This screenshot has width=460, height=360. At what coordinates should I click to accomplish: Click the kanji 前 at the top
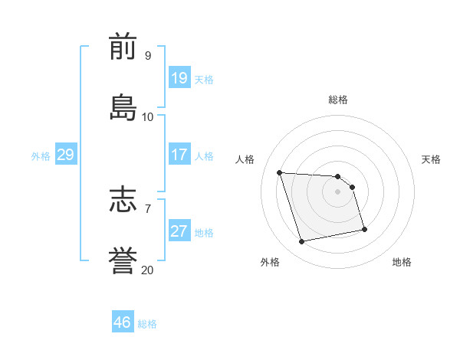click(123, 47)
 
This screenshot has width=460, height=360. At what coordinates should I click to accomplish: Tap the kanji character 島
click(123, 109)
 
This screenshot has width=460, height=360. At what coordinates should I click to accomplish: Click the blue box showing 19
click(179, 77)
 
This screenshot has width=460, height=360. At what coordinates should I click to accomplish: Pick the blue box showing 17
click(179, 154)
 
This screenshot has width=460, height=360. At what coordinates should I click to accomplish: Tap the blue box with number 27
click(179, 231)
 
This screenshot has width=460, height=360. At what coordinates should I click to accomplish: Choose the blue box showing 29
click(66, 155)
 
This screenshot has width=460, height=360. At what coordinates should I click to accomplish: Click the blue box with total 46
click(123, 322)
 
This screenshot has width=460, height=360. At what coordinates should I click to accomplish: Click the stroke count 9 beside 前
click(148, 55)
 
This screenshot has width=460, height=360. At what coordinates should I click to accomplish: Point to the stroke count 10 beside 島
click(148, 117)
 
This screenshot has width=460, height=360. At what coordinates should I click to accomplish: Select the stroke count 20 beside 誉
click(148, 270)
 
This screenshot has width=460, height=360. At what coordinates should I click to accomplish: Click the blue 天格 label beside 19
click(204, 80)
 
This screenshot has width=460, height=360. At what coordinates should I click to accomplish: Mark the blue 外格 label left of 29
click(41, 156)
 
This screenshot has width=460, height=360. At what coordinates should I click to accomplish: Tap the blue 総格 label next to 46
click(147, 324)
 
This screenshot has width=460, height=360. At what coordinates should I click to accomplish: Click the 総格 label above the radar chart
click(338, 100)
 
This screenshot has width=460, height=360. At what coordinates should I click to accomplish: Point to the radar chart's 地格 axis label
click(402, 262)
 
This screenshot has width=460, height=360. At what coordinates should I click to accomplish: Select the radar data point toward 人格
click(280, 172)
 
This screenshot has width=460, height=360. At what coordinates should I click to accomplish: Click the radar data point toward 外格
click(302, 242)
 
